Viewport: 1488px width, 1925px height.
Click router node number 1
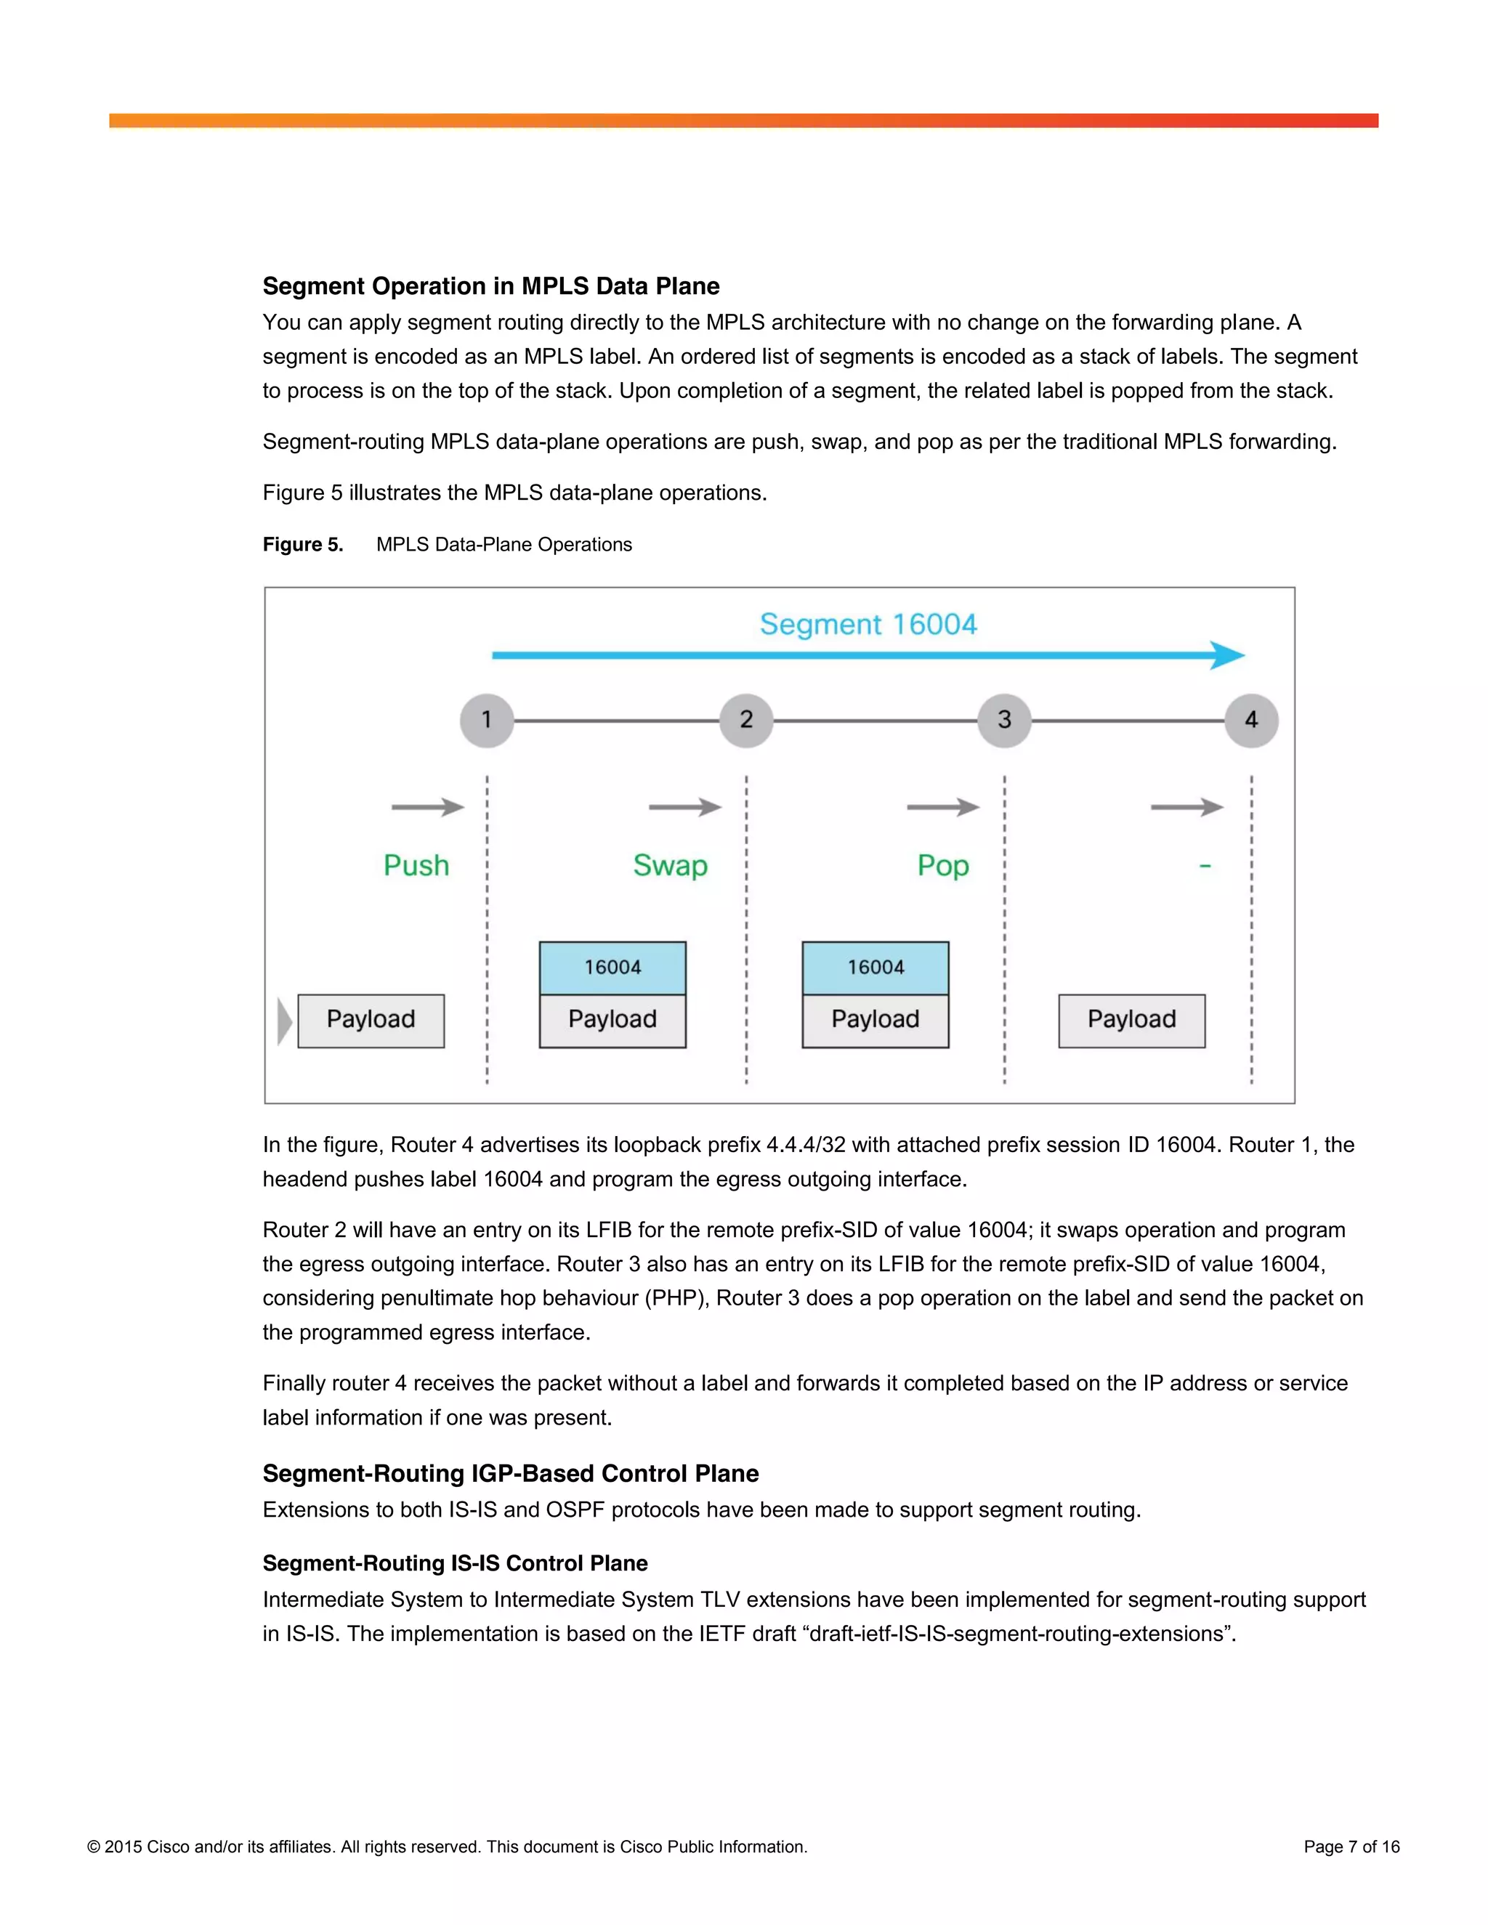coord(487,720)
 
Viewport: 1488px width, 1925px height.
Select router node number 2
coord(745,720)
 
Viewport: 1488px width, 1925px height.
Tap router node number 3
coord(1004,720)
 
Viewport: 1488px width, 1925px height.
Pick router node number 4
coord(1251,720)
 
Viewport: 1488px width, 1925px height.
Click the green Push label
coord(416,866)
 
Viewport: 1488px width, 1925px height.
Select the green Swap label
coord(670,866)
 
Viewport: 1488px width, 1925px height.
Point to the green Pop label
coord(942,866)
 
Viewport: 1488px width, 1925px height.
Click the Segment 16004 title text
coord(868,624)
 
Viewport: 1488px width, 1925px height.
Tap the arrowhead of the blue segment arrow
coord(1227,655)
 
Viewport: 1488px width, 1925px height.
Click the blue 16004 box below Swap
coord(612,968)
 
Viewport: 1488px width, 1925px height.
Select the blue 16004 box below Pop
coord(876,968)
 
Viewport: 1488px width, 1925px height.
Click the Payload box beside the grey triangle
coord(371,1021)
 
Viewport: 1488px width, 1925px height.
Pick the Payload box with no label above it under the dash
coord(1131,1021)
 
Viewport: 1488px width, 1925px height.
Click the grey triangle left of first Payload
coord(284,1021)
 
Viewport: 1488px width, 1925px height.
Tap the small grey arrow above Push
coord(427,806)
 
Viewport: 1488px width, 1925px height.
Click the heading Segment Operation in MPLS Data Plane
coord(491,286)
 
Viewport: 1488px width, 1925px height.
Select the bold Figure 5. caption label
coord(302,545)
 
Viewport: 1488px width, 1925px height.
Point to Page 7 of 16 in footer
coord(1351,1847)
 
